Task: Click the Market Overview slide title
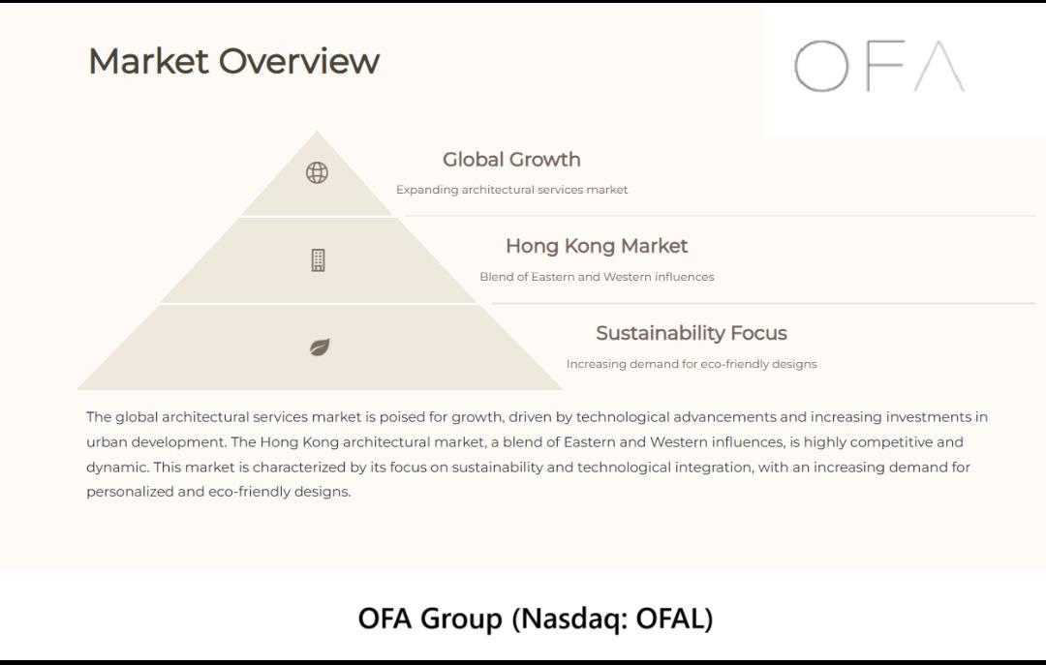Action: tap(234, 61)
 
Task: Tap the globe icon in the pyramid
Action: tap(317, 172)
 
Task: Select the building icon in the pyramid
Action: tap(319, 260)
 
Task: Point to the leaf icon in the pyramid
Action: tap(320, 347)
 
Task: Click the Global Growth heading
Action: tap(511, 160)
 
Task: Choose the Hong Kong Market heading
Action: tap(597, 246)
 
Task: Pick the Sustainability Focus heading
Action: tap(692, 333)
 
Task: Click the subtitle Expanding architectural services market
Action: tap(511, 190)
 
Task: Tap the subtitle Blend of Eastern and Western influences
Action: tap(597, 277)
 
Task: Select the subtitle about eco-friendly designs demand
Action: tap(692, 364)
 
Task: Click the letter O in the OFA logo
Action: tap(821, 66)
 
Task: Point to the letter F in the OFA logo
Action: tap(885, 66)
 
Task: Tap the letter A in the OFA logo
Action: tap(939, 66)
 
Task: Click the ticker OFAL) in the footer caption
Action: tap(674, 619)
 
